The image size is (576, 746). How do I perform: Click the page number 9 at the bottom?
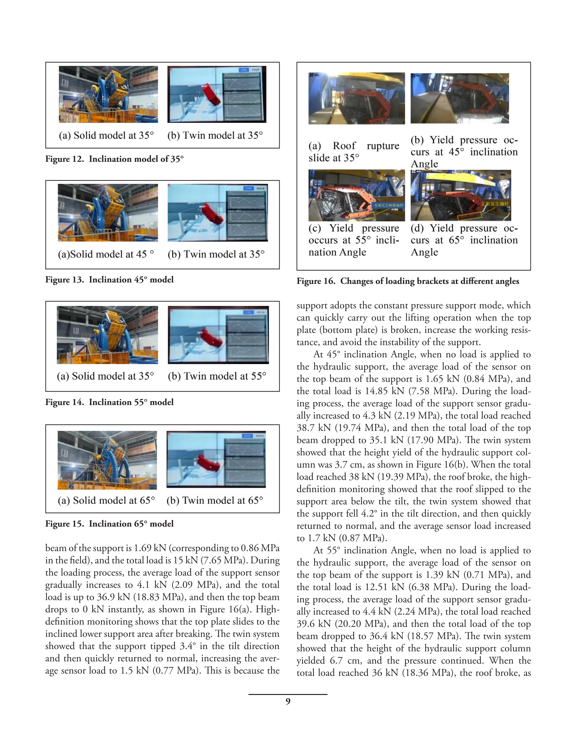tap(288, 701)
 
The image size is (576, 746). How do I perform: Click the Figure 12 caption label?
tap(65, 159)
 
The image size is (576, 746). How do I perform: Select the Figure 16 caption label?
tap(316, 281)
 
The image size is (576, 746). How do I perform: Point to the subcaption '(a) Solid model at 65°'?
tap(106, 500)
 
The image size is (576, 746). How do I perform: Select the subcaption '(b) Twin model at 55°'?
tap(217, 376)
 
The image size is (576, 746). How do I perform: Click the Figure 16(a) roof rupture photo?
tap(356, 98)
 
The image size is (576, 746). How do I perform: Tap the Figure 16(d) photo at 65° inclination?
tap(461, 195)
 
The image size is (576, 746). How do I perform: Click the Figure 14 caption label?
tap(65, 402)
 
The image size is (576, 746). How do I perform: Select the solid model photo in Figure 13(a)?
tap(108, 213)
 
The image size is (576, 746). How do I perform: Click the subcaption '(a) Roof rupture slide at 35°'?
tap(354, 152)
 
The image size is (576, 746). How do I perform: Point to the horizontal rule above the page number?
tap(288, 694)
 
